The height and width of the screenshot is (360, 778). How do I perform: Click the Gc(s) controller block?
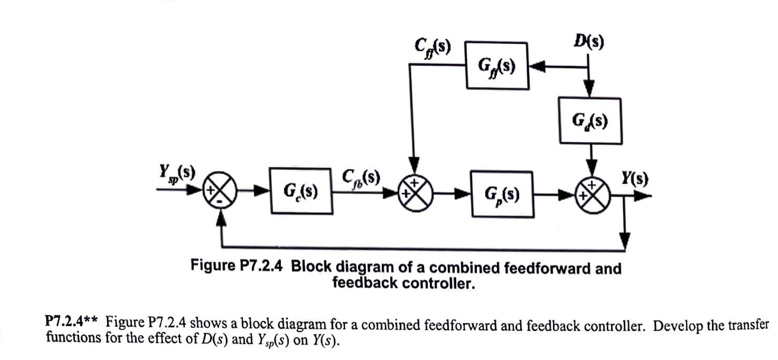301,191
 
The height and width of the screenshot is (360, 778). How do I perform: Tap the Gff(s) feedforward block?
496,65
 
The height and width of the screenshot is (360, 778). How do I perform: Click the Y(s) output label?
635,178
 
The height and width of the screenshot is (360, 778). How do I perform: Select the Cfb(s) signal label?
360,178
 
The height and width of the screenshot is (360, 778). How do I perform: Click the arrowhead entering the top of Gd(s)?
589,90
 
